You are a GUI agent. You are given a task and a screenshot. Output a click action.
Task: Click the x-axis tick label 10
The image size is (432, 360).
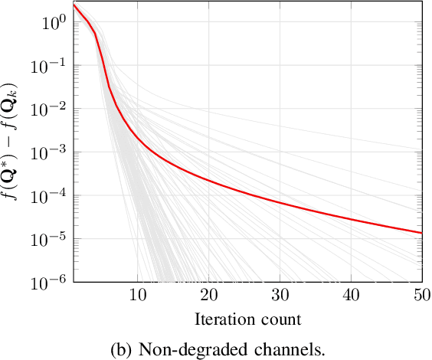137,296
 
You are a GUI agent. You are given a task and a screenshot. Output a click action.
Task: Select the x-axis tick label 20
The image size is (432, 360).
208,296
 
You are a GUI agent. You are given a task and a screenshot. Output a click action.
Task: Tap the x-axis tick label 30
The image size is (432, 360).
280,296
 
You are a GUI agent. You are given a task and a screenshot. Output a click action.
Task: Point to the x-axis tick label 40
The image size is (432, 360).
351,296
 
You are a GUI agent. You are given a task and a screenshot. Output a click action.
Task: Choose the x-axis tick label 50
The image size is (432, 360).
421,296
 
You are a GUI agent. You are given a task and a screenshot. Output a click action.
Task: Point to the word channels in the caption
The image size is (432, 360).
267,349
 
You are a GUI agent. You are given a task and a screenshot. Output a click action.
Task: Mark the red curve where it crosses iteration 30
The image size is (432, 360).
280,204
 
